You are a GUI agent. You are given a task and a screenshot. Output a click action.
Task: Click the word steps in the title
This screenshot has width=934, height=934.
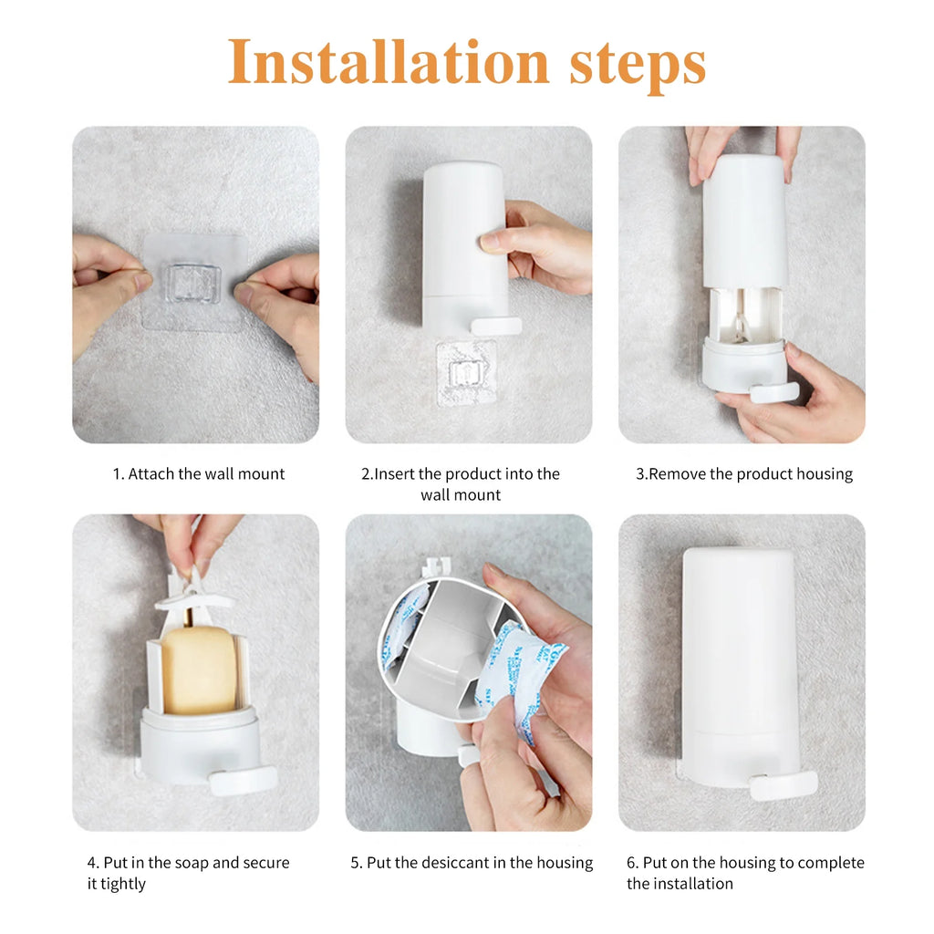pos(638,64)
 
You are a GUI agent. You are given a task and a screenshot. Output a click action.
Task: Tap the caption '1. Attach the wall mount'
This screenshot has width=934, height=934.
pos(199,473)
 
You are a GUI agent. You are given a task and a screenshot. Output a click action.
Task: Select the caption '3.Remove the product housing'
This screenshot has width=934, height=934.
pos(744,473)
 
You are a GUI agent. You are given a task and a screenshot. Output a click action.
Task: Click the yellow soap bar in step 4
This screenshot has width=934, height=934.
pos(199,669)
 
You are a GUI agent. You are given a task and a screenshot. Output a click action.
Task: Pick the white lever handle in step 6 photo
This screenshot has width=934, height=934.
pos(783,785)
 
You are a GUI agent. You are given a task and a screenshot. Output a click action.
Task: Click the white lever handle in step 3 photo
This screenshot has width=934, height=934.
pos(773,393)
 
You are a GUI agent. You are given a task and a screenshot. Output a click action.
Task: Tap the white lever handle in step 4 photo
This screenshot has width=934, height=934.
pos(243,781)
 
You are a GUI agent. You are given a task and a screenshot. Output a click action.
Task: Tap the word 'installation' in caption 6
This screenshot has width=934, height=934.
pos(680,884)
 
